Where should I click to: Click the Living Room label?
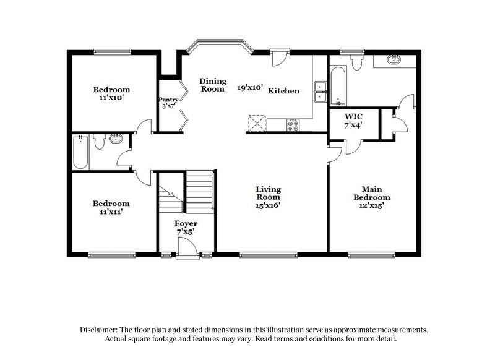269,197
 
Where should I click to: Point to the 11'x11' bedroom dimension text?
111,212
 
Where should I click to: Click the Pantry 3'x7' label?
168,103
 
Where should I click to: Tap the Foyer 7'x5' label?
186,228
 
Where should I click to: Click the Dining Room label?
212,85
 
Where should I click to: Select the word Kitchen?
283,91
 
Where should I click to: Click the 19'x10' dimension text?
251,88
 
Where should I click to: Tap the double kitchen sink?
321,92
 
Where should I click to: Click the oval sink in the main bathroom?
393,60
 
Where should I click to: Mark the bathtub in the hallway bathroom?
80,153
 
